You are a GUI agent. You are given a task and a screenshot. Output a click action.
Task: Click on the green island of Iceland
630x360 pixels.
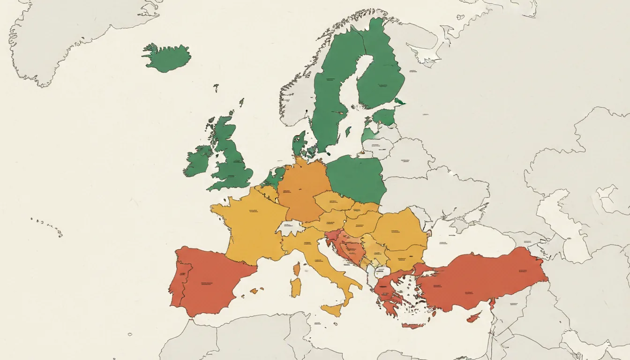166,58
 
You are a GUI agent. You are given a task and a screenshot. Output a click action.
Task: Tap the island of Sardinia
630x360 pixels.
295,287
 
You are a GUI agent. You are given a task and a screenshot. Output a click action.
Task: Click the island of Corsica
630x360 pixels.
297,269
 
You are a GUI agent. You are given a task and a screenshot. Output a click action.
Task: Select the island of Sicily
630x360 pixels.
334,309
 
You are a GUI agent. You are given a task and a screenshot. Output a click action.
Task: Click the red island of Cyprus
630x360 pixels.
474,317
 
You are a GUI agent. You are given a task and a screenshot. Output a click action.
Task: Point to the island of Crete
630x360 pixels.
412,325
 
